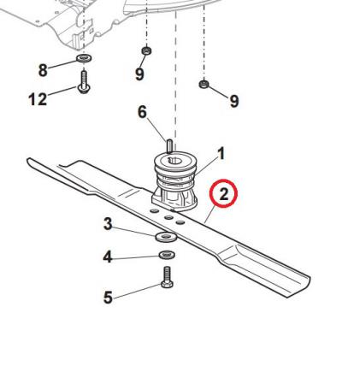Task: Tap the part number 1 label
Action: click(221, 154)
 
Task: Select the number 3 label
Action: click(108, 224)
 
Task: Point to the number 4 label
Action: click(108, 257)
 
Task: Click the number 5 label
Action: click(108, 298)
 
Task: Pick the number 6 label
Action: click(142, 112)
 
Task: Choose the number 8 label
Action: click(43, 70)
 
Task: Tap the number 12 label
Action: click(38, 99)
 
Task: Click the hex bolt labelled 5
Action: click(166, 277)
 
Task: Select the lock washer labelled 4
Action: click(167, 255)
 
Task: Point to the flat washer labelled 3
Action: click(166, 237)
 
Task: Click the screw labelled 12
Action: click(84, 82)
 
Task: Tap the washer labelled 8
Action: click(84, 58)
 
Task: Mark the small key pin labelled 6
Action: click(168, 145)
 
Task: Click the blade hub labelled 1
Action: click(174, 181)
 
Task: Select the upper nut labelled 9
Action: click(146, 51)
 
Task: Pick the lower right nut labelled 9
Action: click(204, 84)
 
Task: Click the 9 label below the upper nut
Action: click(139, 74)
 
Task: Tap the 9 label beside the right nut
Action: click(234, 101)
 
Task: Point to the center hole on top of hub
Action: click(176, 161)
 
